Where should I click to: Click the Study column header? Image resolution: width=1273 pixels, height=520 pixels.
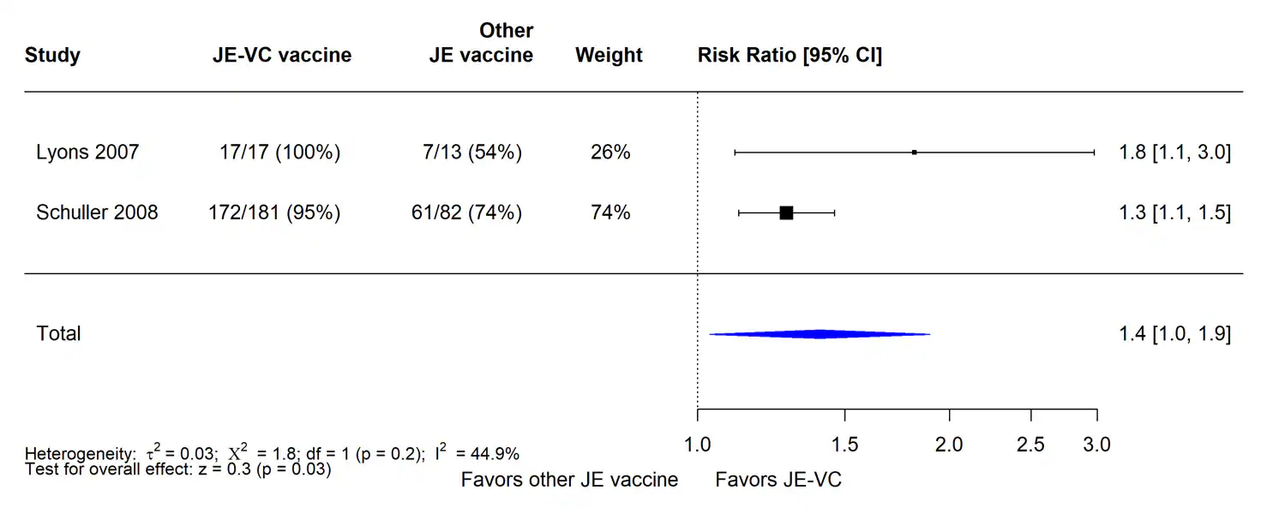(52, 56)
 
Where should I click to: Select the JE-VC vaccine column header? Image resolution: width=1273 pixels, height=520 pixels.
(281, 56)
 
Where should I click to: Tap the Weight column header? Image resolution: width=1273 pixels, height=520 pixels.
(609, 56)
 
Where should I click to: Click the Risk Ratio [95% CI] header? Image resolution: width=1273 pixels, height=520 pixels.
(790, 56)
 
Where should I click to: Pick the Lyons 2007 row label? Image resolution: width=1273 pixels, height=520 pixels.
(87, 152)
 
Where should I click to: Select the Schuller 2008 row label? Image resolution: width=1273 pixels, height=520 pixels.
(97, 212)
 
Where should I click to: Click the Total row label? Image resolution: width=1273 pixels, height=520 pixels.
(58, 333)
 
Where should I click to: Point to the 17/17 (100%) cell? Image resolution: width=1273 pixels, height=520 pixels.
(279, 152)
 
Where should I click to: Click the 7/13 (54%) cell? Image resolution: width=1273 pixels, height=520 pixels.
(466, 152)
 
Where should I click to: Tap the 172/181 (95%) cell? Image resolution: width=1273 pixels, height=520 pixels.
(274, 212)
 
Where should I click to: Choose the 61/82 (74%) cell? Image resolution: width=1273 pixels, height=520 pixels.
(466, 212)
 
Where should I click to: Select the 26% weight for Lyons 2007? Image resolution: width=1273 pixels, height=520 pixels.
(609, 152)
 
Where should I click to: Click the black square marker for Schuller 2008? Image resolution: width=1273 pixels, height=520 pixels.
(786, 212)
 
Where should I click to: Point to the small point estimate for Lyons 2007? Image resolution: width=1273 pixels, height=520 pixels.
(915, 152)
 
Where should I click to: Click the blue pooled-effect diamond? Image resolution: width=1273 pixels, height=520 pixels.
(820, 334)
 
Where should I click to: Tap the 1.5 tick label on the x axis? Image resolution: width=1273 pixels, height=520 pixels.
(845, 445)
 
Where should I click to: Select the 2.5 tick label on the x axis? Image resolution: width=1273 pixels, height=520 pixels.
(1030, 445)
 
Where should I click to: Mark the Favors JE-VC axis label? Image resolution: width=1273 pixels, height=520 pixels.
(778, 480)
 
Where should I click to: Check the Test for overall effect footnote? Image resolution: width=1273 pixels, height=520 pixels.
(178, 469)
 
